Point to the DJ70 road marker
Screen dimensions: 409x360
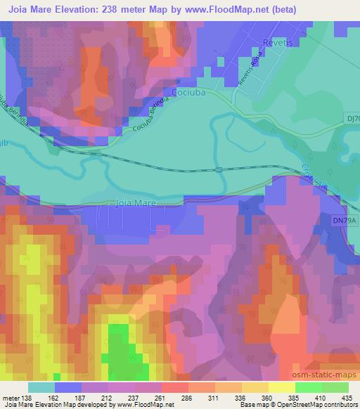(x=353, y=119)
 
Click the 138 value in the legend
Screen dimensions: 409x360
(x=27, y=398)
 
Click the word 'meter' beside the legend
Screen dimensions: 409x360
(x=11, y=398)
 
